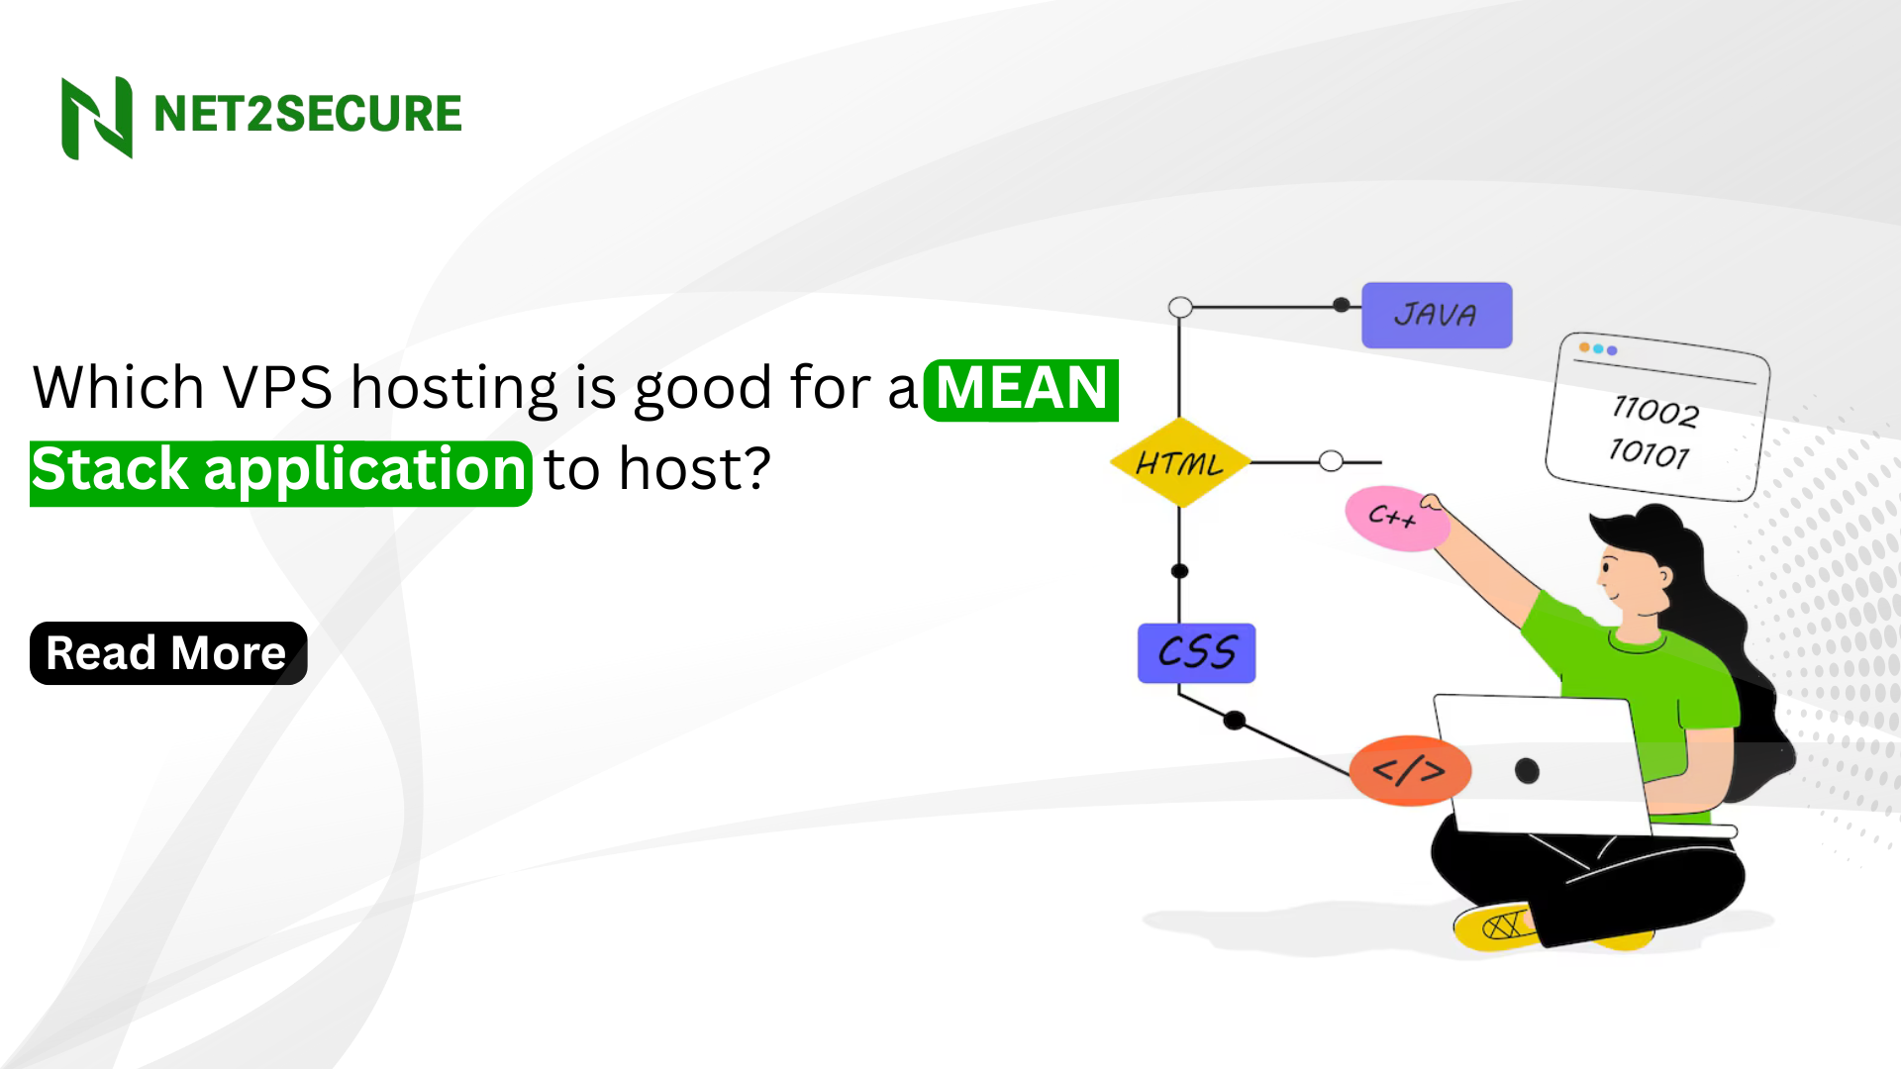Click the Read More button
click(168, 653)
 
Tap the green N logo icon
click(96, 117)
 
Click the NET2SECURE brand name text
click(307, 114)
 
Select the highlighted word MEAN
click(1021, 389)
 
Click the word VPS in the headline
click(277, 387)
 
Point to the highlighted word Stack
click(110, 470)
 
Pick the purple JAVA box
click(1436, 316)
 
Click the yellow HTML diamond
click(1179, 463)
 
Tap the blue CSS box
click(1196, 653)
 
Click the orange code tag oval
click(1409, 771)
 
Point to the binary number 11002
click(1655, 411)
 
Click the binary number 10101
click(1649, 453)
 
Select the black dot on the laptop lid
click(1527, 770)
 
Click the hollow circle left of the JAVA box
click(1180, 307)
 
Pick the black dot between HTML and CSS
click(1179, 571)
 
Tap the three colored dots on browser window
click(1598, 349)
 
